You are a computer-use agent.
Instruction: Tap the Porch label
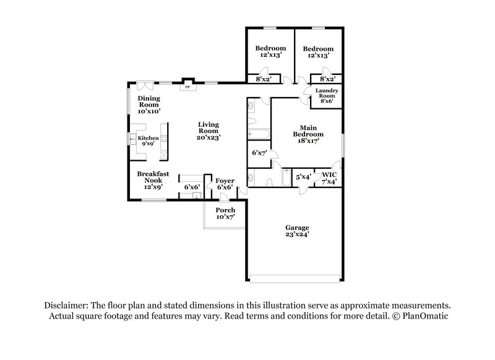point(225,210)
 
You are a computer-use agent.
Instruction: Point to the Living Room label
point(209,127)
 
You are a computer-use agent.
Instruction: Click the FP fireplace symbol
point(187,87)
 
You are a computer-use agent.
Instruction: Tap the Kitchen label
point(148,138)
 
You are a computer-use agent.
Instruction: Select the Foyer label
point(224,181)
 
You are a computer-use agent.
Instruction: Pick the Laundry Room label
point(325,93)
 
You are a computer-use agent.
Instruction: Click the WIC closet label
point(329,176)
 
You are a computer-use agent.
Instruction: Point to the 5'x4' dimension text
point(303,177)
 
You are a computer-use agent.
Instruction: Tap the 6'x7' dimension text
point(259,152)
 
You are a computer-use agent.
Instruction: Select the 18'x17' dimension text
point(308,142)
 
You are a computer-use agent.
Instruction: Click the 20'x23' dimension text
point(209,137)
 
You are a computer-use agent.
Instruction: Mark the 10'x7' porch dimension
point(225,218)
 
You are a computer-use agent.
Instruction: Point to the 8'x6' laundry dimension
point(325,101)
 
